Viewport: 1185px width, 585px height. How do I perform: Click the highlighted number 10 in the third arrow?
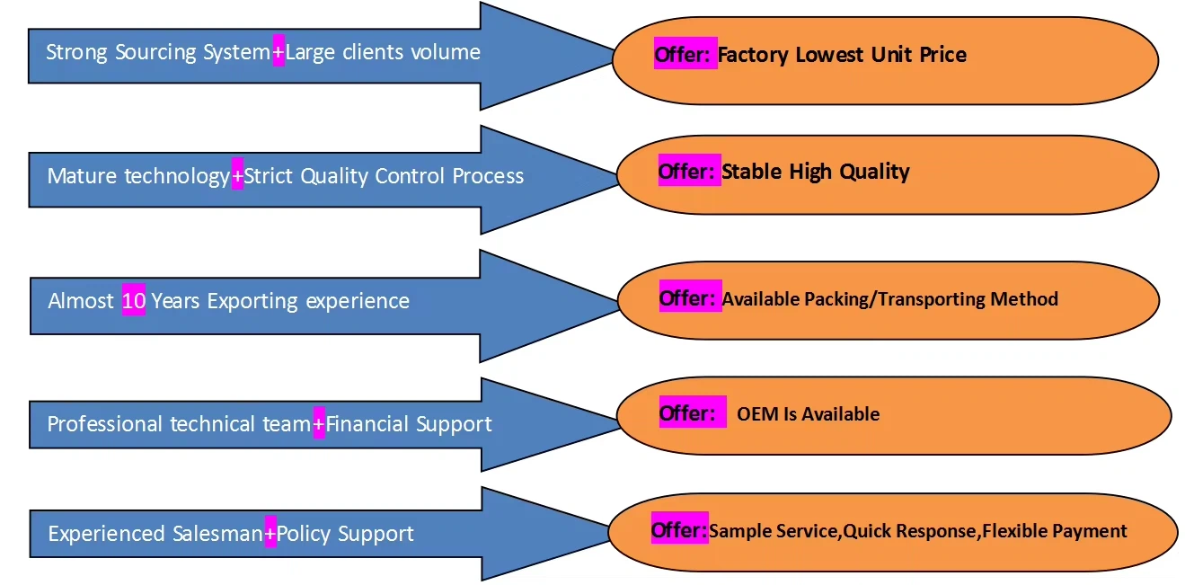click(x=133, y=301)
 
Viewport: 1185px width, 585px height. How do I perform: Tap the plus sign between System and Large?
click(x=279, y=52)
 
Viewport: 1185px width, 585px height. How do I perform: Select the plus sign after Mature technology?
click(x=237, y=176)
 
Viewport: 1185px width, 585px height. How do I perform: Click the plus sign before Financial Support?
click(x=319, y=424)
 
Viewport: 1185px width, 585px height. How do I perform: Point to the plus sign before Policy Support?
click(x=270, y=535)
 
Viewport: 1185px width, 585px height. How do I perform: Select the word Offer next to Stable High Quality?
click(x=688, y=171)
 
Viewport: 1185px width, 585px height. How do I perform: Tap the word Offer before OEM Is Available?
click(x=688, y=413)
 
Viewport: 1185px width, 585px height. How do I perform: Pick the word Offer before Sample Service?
click(x=679, y=531)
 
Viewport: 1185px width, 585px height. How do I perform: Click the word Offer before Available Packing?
click(x=689, y=298)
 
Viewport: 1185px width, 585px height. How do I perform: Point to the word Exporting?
click(x=253, y=301)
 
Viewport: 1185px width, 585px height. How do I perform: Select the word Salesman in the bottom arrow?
click(x=218, y=535)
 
